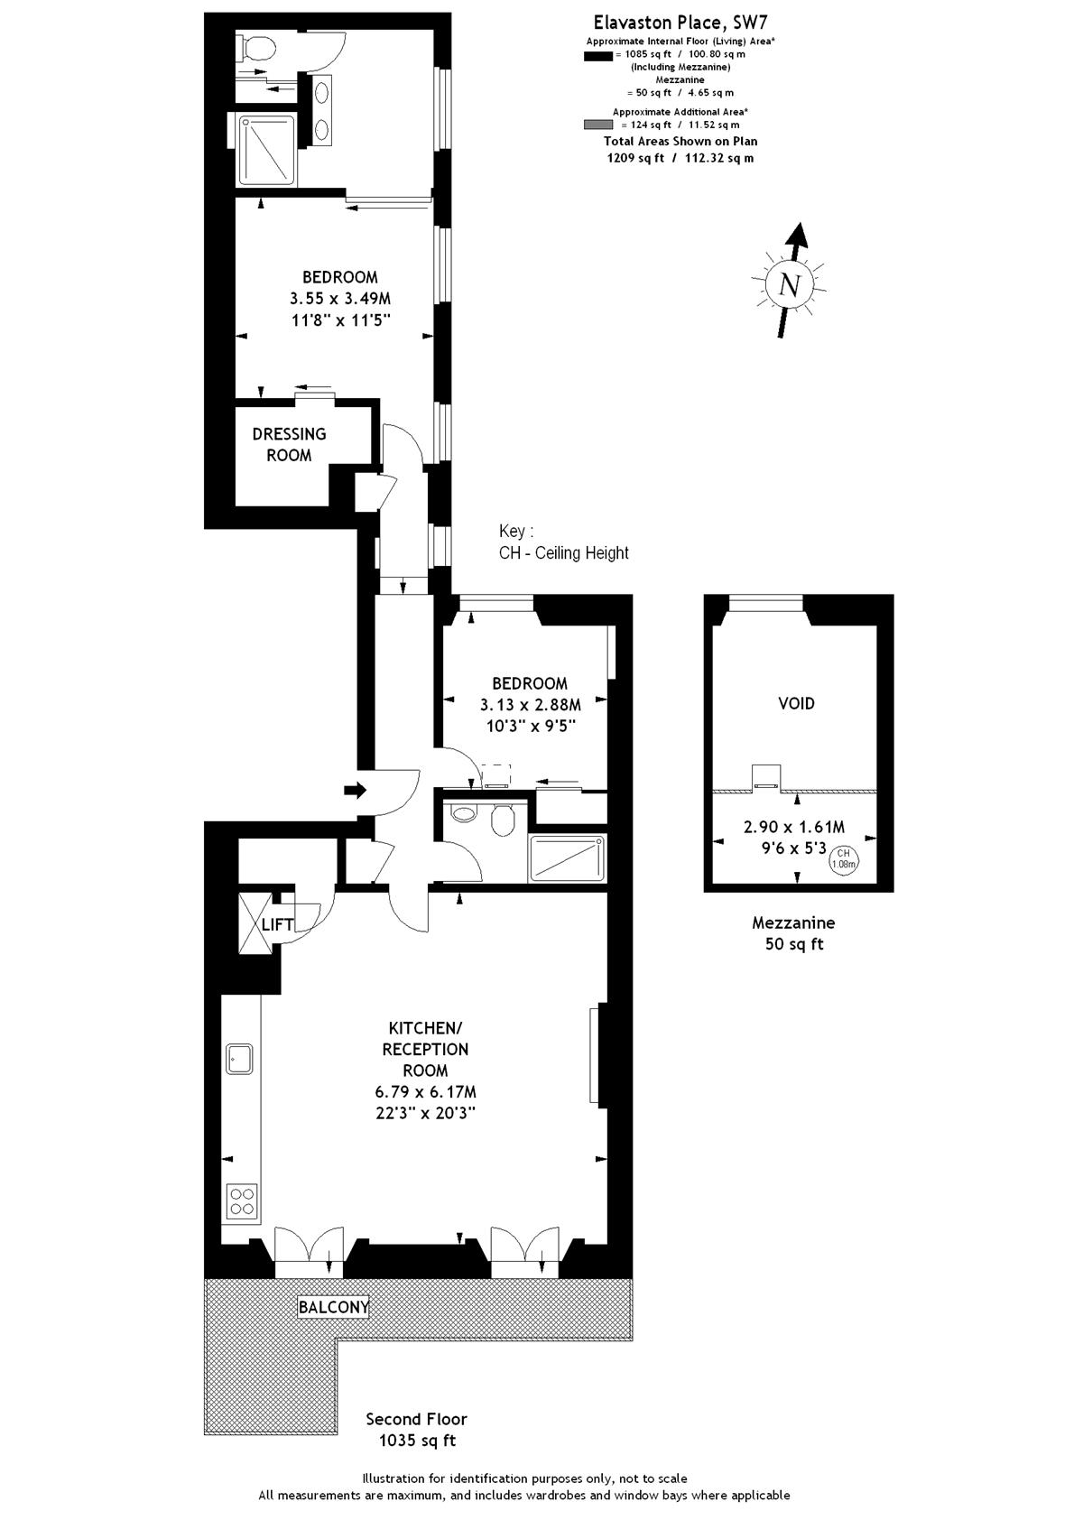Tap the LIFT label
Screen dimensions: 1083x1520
click(x=277, y=924)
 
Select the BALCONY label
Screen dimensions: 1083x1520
click(x=334, y=1307)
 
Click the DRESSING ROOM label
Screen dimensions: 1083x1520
click(x=289, y=444)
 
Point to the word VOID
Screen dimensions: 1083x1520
click(x=797, y=703)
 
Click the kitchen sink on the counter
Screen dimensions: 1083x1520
click(x=239, y=1059)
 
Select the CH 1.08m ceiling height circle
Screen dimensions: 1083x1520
click(x=844, y=858)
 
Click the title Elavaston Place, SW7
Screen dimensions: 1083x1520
click(x=680, y=23)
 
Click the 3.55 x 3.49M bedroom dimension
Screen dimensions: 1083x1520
click(x=340, y=299)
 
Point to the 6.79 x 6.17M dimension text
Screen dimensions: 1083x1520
click(x=425, y=1092)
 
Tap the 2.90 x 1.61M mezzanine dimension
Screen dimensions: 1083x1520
click(x=794, y=827)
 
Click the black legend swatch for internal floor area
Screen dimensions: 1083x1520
click(x=597, y=56)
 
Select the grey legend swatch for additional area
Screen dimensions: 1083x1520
click(x=597, y=125)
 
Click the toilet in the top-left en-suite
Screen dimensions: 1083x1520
click(x=255, y=47)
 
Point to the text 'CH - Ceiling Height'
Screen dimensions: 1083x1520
click(x=564, y=553)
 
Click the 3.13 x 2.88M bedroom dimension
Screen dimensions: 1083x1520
click(x=530, y=704)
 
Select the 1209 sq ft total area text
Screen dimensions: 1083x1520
click(x=635, y=158)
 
